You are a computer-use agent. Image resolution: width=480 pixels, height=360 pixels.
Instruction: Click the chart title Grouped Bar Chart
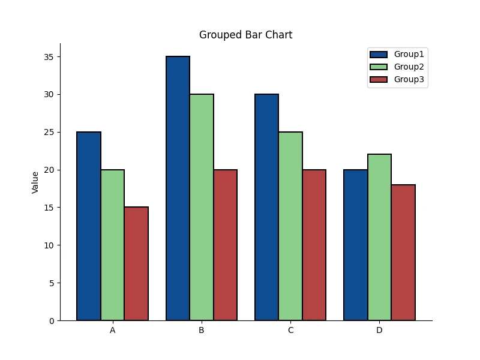(245, 35)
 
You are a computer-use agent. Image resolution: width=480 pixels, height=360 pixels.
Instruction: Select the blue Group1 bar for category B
(178, 188)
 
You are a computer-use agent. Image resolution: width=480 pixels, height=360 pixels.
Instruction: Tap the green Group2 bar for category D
(379, 237)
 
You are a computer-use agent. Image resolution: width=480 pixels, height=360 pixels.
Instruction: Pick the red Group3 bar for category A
(136, 263)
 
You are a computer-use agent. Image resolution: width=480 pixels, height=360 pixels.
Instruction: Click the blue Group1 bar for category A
(89, 226)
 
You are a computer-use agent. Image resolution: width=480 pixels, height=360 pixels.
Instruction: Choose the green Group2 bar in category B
(202, 207)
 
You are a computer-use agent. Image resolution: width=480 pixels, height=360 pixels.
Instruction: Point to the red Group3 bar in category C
(314, 245)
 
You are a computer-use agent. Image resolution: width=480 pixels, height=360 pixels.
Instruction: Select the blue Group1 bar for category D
(356, 245)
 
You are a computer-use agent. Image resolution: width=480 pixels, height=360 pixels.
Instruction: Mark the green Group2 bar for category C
(290, 226)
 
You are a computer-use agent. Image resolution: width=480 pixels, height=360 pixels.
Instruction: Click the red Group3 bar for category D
(403, 253)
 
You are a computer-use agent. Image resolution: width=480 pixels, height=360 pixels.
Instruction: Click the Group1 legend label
(409, 54)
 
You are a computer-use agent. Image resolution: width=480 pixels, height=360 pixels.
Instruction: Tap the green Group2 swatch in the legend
(379, 67)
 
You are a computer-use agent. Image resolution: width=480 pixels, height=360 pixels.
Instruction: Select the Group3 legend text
(409, 79)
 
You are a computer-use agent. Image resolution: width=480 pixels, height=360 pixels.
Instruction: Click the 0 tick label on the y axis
(52, 321)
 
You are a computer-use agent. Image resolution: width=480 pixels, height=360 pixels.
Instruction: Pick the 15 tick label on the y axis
(49, 208)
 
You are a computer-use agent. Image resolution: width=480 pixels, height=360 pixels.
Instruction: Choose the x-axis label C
(290, 331)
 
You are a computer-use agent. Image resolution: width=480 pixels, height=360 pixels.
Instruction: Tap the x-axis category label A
(113, 331)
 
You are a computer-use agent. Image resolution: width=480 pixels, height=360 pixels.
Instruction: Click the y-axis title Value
(35, 182)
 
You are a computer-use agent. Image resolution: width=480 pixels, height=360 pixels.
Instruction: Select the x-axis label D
(379, 331)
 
